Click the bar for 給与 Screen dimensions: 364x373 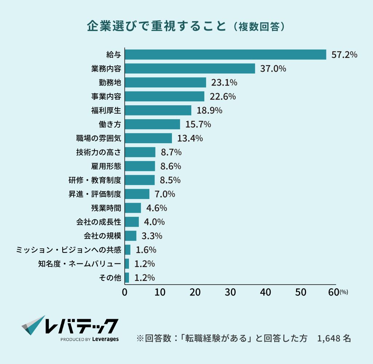point(225,54)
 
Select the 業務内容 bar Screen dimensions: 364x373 point(190,69)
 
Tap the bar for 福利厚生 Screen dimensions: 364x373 point(158,110)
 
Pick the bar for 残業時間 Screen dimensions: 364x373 point(133,208)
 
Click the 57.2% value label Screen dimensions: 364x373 point(344,55)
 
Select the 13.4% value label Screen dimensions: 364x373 point(190,138)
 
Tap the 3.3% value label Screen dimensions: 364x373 point(152,236)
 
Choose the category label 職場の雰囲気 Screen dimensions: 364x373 point(98,138)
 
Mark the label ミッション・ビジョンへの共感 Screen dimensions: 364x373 point(68,250)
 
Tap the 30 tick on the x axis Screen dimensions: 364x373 point(230,292)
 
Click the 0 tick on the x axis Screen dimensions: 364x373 point(125,292)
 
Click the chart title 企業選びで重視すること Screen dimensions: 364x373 point(156,27)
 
